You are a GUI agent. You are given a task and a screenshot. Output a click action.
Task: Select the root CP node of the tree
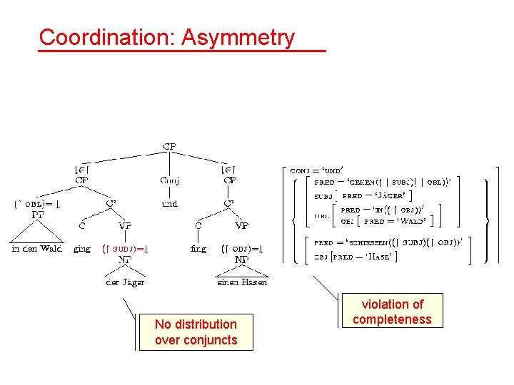(x=169, y=147)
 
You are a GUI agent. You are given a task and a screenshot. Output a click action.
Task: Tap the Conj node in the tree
(x=169, y=180)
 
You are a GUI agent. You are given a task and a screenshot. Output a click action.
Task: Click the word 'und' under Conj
(x=169, y=203)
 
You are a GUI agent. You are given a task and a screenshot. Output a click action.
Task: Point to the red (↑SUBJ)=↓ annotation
(x=129, y=249)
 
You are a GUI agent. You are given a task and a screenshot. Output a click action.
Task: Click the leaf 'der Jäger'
(x=125, y=282)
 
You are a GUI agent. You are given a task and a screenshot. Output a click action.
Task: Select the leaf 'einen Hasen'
(x=242, y=282)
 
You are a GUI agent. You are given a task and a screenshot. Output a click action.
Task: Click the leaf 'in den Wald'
(x=36, y=249)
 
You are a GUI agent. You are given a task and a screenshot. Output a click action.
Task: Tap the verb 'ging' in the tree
(x=82, y=249)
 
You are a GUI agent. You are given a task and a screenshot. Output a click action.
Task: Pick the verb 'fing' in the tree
(x=198, y=249)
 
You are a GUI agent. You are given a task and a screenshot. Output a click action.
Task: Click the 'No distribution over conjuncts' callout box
(x=196, y=332)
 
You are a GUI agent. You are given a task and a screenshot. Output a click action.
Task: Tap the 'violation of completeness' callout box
(x=392, y=312)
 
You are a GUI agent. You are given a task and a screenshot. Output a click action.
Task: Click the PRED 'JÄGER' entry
(x=378, y=195)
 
